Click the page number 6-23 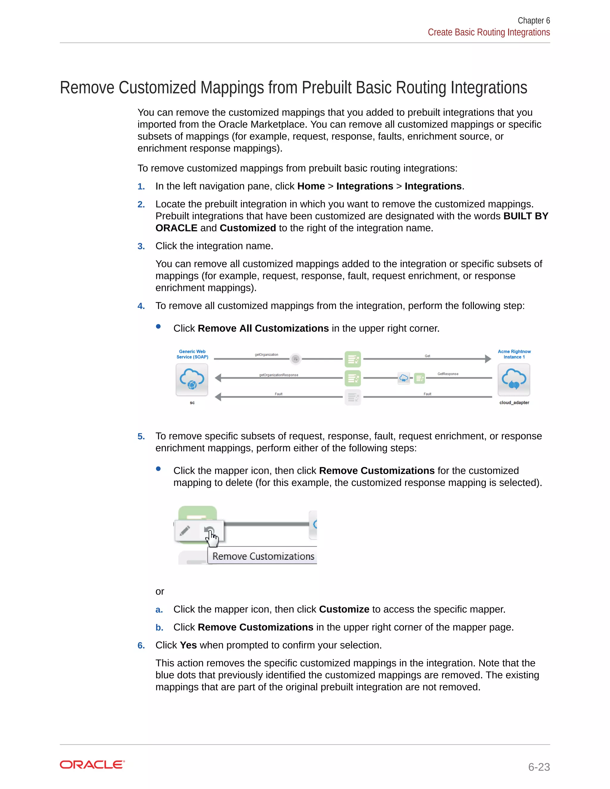539,767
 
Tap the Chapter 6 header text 533,21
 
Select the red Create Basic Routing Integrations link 488,32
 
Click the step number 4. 141,306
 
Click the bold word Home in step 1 311,186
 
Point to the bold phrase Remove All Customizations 263,328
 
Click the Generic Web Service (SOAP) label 192,354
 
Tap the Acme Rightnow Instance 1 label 514,354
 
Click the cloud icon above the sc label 192,379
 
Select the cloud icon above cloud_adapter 514,379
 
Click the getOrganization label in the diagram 266,355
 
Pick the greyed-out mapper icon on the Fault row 353,397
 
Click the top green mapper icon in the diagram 353,359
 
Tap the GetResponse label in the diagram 448,374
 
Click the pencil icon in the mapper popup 185,531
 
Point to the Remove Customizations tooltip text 263,556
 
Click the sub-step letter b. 159,628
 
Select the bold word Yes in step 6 188,645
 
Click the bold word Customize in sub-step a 344,609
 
